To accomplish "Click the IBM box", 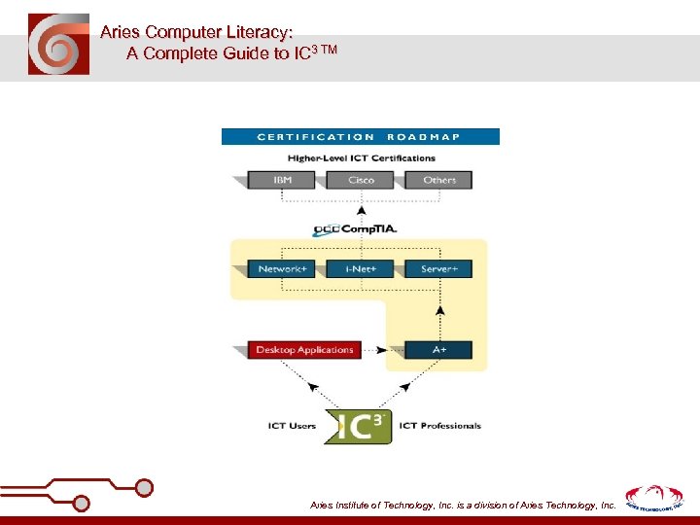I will (x=282, y=180).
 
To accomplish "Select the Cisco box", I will (x=362, y=180).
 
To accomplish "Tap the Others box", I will (x=439, y=180).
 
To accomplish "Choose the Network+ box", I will (x=282, y=268).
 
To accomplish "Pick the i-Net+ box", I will (x=361, y=268).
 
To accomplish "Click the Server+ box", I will (x=439, y=268).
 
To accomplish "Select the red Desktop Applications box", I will (x=304, y=350).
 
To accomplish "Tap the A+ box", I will (x=439, y=350).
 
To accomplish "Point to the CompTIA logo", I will (x=355, y=230).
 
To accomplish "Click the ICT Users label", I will (x=292, y=426).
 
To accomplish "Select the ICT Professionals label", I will (x=440, y=426).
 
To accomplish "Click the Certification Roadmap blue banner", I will (x=360, y=137).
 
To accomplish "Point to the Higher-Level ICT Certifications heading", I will (x=361, y=157).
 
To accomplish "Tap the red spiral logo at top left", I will (x=58, y=45).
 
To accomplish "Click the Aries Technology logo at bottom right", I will (x=653, y=498).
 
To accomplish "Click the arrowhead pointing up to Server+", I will (x=439, y=311).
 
